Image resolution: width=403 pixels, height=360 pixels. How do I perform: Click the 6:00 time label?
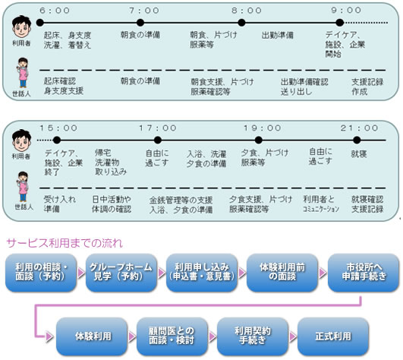coord(55,11)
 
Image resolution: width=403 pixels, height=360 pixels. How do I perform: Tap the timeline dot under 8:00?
coord(241,23)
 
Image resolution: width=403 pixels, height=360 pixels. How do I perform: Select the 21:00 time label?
coord(359,128)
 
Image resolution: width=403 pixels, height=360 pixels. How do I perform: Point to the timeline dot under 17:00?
coord(158,141)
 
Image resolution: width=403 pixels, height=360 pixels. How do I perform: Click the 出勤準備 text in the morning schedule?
coord(278,35)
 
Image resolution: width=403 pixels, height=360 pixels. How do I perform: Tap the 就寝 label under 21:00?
coord(359,154)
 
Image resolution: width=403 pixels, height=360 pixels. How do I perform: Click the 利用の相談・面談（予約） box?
coord(41,273)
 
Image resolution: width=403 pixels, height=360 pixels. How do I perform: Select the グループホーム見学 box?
coord(121,273)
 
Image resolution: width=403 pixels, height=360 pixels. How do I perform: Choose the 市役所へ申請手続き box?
coord(364,273)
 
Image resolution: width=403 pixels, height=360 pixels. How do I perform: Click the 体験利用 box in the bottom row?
coord(92,336)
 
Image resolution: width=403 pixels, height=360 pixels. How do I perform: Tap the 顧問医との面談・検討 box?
coord(172,336)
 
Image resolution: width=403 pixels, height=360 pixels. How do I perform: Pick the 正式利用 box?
coord(333,336)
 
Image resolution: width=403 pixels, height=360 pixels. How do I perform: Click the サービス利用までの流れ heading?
coord(65,243)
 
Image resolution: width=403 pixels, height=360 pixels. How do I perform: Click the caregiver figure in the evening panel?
coord(23,187)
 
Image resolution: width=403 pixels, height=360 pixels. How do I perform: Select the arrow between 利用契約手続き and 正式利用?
coord(293,336)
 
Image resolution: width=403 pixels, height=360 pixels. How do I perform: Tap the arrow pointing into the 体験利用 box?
coord(49,336)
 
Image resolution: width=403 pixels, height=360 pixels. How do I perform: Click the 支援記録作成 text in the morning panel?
coord(367,87)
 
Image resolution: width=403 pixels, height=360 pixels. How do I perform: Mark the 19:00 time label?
coord(262,128)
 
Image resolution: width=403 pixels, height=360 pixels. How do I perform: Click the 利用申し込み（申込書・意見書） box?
coord(202,273)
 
